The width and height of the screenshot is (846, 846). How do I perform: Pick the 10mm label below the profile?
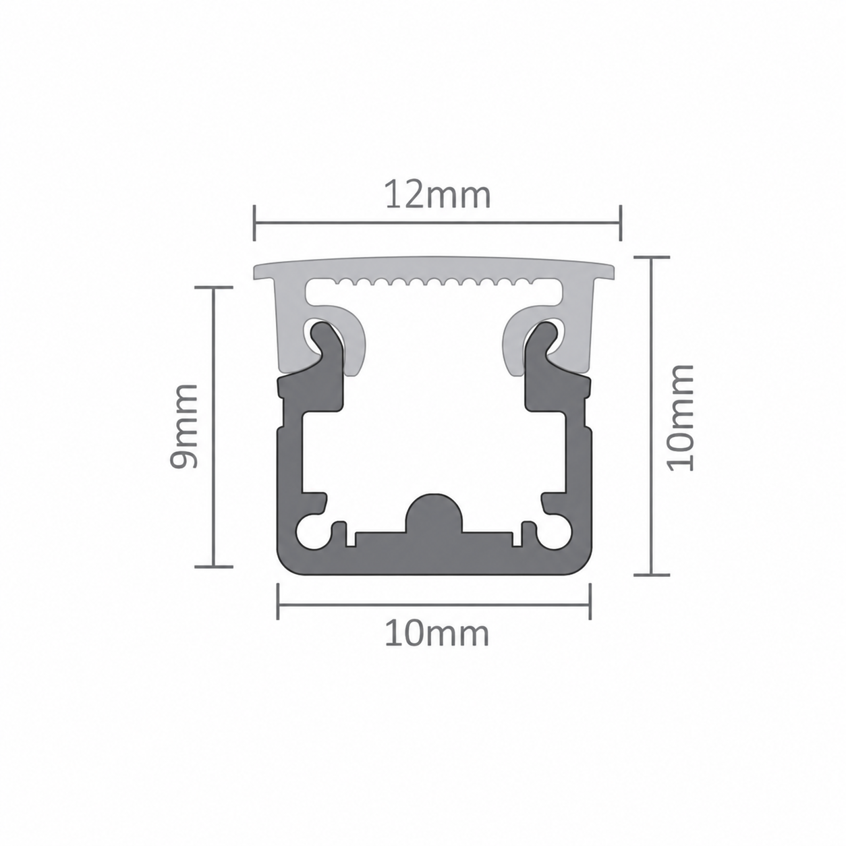click(436, 634)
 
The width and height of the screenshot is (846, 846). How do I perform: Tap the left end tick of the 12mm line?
click(254, 223)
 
